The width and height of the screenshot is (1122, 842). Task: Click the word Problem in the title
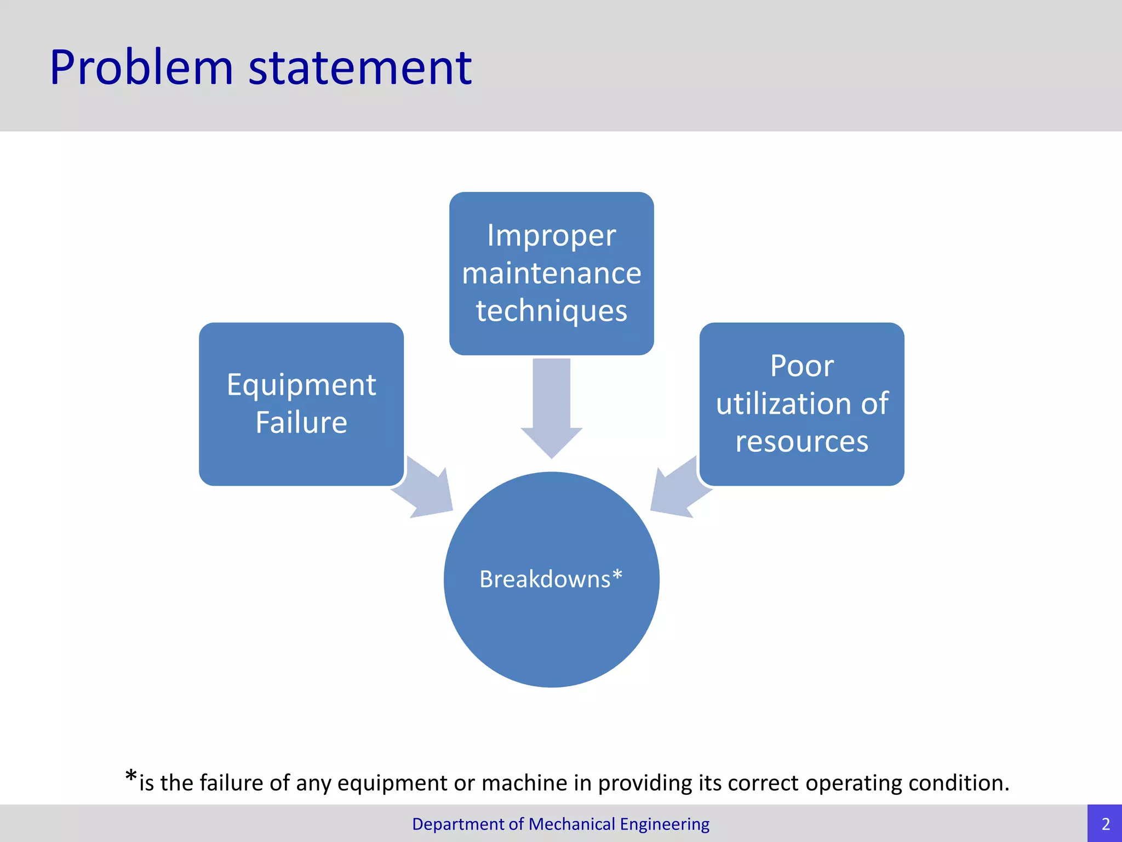point(141,68)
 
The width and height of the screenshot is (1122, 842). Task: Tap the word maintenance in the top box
point(551,274)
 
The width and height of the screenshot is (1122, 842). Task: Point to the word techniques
point(551,311)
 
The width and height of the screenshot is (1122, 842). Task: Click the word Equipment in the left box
point(301,385)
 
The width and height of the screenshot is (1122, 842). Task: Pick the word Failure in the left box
point(301,423)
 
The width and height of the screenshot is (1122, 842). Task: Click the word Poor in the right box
point(802,366)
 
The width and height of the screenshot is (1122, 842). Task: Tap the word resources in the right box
point(802,442)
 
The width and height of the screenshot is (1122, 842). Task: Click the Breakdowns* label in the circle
point(551,579)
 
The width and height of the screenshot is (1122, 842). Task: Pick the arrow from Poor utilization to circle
point(677,488)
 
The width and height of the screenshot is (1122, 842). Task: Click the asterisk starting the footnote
point(130,776)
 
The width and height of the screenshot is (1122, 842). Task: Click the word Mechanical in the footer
point(572,824)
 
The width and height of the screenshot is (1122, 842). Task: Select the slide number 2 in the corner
point(1105,824)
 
